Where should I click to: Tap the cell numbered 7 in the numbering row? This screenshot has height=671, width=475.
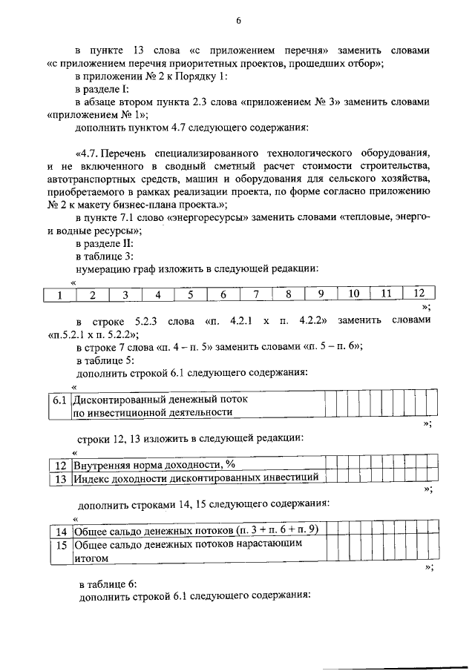click(x=255, y=294)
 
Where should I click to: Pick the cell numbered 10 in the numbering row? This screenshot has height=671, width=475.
click(x=353, y=294)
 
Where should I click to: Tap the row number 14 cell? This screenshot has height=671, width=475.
click(x=62, y=532)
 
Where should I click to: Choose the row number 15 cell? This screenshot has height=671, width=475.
click(x=62, y=544)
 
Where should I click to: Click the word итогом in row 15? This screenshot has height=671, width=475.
click(x=91, y=557)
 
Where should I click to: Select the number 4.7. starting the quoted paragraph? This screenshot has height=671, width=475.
click(x=85, y=153)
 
